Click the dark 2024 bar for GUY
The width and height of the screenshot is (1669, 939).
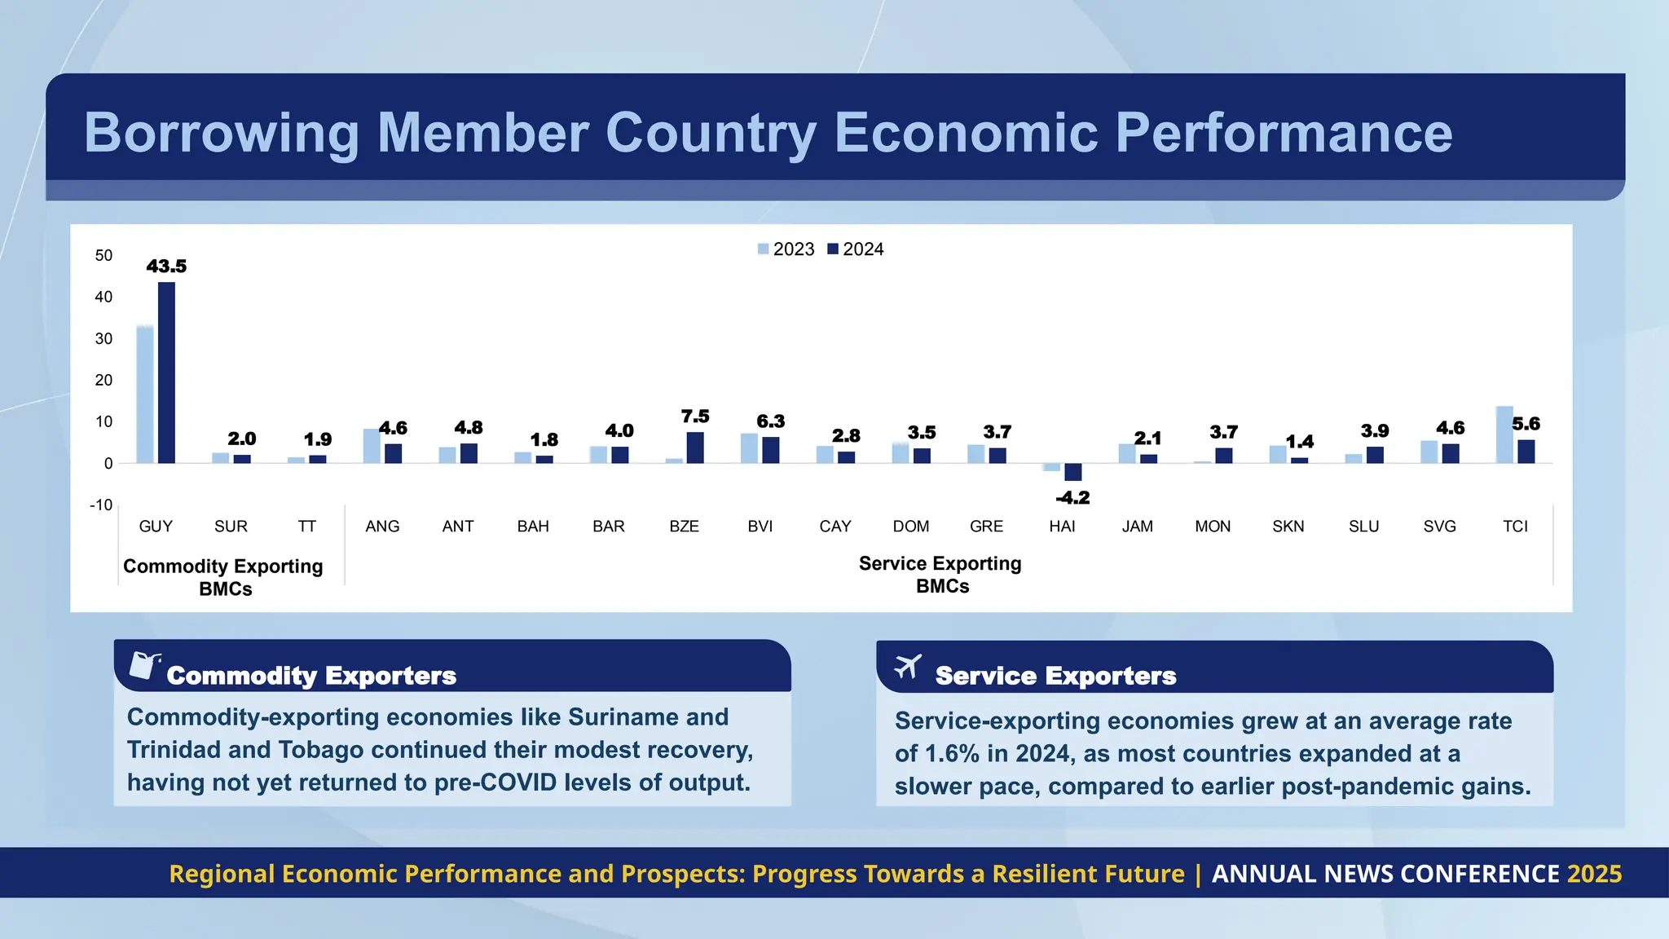point(166,373)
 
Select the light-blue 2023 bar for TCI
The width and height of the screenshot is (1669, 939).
point(1504,434)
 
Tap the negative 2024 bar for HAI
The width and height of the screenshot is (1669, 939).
point(1072,472)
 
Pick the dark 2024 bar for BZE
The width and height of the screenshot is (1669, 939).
point(695,447)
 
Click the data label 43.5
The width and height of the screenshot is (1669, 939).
point(166,267)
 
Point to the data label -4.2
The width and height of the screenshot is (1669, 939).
point(1072,498)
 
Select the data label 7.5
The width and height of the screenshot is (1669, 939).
point(695,417)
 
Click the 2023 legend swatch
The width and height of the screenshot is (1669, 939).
point(763,249)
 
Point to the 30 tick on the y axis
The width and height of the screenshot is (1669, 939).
point(103,339)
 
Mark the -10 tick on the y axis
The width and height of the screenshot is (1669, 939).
point(101,505)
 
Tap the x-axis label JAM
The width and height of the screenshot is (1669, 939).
point(1137,527)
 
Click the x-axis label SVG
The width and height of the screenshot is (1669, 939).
point(1439,527)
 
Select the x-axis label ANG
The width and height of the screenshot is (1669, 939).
point(382,527)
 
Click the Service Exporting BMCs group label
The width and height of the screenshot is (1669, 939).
point(940,575)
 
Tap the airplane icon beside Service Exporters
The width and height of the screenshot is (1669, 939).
point(907,667)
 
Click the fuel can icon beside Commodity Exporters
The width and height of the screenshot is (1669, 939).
point(144,665)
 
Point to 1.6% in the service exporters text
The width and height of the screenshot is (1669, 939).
point(950,754)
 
